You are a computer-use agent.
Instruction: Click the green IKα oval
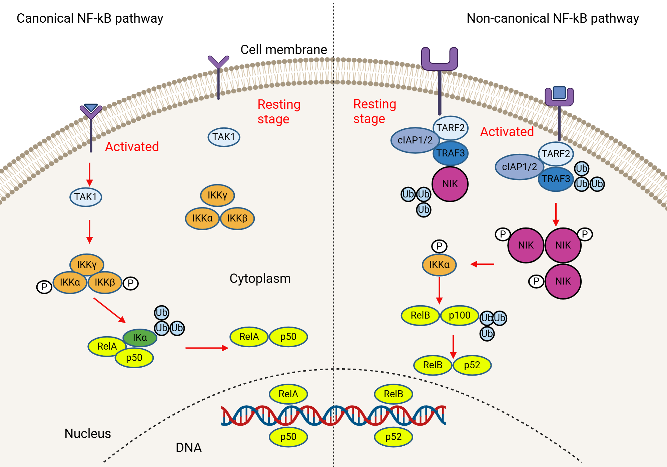tap(140, 338)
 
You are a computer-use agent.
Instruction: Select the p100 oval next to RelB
tap(459, 315)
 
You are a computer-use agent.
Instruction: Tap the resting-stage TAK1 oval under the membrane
tap(224, 137)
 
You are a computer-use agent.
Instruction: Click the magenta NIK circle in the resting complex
tap(450, 184)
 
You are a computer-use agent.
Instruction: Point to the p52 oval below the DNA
tap(393, 437)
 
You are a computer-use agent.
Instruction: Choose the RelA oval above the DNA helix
tap(288, 394)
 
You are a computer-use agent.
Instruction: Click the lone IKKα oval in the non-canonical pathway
tap(439, 265)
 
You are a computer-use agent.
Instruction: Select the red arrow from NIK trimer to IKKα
tap(482, 264)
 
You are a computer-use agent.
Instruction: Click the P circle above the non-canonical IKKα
tap(439, 246)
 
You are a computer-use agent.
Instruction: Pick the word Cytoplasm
tap(260, 279)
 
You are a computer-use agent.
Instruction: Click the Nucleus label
tap(87, 433)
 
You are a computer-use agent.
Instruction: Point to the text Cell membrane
tap(283, 49)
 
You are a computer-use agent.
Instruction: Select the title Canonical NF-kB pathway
tap(90, 18)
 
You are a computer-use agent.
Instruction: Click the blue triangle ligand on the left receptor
tap(91, 107)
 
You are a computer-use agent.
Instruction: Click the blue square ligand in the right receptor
tap(559, 92)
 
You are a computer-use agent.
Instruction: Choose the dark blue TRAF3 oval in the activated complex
tap(556, 179)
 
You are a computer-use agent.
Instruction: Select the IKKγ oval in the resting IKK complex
tap(217, 195)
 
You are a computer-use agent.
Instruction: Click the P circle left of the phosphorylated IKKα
tap(44, 287)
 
